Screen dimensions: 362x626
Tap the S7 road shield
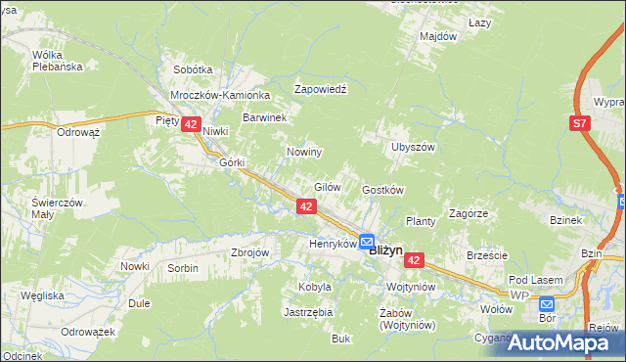[580, 122]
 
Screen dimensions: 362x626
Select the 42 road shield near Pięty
[191, 124]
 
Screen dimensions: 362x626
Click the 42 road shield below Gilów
[306, 205]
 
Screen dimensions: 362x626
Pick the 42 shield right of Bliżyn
[415, 260]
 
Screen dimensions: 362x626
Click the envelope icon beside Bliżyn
[365, 241]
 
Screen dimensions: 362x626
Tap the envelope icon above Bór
[547, 302]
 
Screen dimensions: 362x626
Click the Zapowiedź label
[322, 88]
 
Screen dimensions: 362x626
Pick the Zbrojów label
[249, 251]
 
